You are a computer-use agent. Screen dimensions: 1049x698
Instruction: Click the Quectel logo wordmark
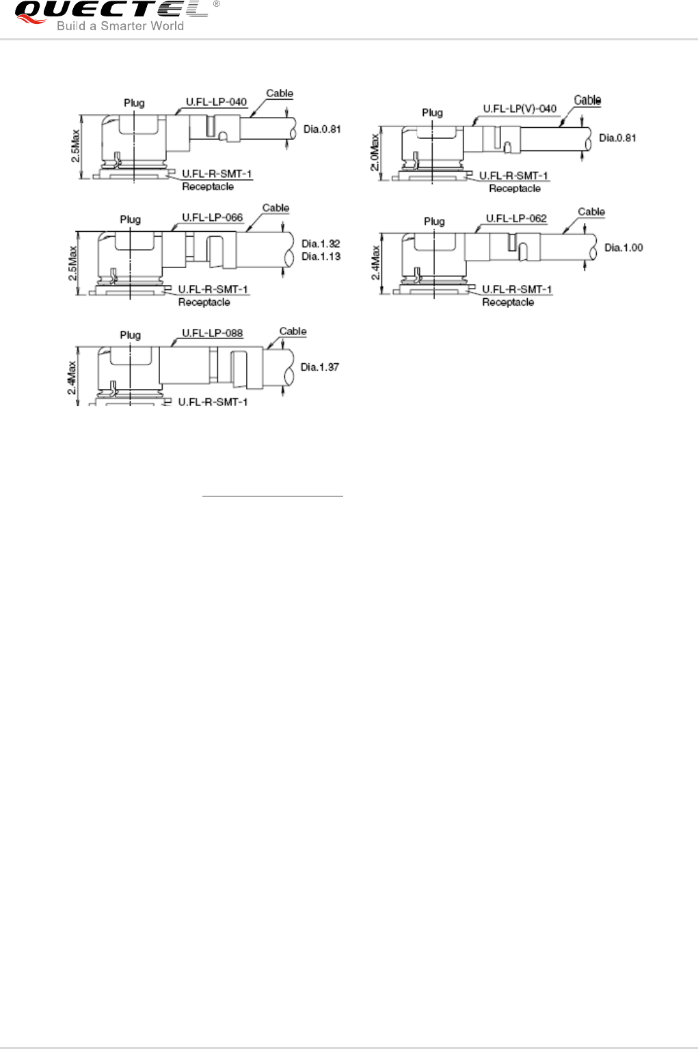(x=109, y=10)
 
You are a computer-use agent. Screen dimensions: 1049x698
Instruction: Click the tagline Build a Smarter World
(x=120, y=26)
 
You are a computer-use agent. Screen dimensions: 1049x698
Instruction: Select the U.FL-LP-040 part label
(x=216, y=102)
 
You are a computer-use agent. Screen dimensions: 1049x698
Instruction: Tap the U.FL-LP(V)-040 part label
(x=520, y=109)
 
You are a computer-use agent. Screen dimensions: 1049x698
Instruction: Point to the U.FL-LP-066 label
(x=212, y=217)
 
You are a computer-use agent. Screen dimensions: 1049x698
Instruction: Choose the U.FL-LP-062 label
(x=516, y=219)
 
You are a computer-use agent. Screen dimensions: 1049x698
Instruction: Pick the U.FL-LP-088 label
(x=212, y=333)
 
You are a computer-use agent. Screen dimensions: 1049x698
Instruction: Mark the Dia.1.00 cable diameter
(x=623, y=248)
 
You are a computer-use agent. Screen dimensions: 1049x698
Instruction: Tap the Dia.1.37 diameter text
(x=320, y=367)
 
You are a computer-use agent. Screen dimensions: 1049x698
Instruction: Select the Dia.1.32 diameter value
(x=321, y=243)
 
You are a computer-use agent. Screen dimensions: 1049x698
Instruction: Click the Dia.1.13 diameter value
(x=321, y=256)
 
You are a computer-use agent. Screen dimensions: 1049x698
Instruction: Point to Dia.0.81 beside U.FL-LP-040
(x=321, y=129)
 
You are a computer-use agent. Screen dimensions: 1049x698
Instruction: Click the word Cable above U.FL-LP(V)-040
(x=587, y=101)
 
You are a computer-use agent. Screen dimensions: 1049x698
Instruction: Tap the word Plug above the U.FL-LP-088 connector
(x=130, y=335)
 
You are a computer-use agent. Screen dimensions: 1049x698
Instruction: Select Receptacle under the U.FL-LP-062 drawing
(x=508, y=302)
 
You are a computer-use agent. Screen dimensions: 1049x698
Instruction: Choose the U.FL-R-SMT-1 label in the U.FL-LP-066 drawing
(x=213, y=289)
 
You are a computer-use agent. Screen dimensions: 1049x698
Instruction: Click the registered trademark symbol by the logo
(x=217, y=4)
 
